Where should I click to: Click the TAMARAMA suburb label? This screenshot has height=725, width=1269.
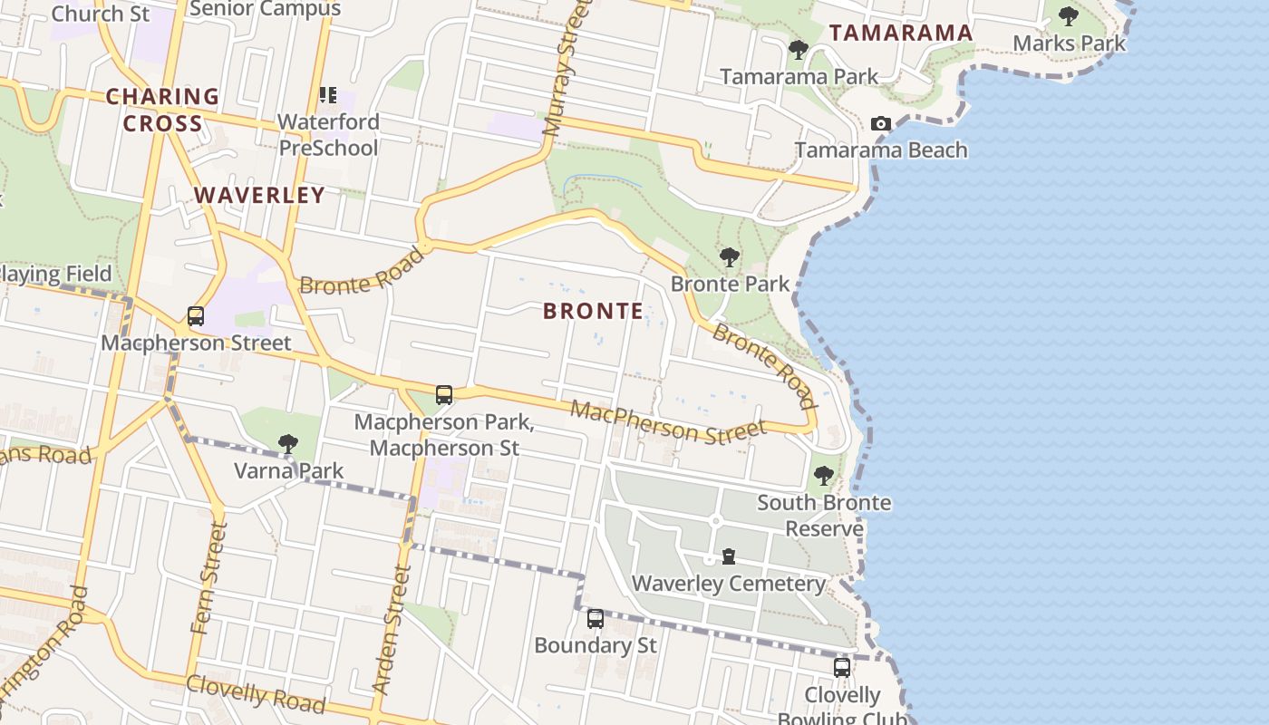(x=901, y=34)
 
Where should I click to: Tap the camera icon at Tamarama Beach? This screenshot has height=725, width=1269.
(x=880, y=123)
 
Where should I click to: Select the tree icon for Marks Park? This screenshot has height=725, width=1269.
(x=1069, y=15)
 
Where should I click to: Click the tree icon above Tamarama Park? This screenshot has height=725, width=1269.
(x=798, y=50)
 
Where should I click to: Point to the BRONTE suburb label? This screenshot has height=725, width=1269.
(x=594, y=311)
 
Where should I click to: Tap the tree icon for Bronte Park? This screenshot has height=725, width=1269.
(x=729, y=257)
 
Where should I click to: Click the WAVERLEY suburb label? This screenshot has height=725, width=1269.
(x=259, y=195)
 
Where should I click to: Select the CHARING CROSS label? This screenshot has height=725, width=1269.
(x=162, y=110)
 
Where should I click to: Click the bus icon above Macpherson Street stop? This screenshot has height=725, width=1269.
(x=196, y=316)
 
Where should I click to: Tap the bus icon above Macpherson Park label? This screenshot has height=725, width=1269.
(x=443, y=395)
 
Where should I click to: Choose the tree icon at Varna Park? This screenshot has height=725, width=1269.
(x=288, y=444)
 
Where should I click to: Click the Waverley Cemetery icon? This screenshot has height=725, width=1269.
(x=729, y=556)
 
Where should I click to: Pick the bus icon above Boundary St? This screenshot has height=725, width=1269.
(x=595, y=619)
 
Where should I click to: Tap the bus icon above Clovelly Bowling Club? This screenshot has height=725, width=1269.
(x=842, y=668)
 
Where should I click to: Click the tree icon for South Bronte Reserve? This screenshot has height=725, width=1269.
(x=823, y=475)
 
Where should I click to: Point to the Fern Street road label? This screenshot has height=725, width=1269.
(x=208, y=577)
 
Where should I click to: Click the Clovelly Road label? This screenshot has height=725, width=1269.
(x=255, y=694)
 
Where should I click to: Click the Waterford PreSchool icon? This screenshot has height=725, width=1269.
(x=328, y=94)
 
